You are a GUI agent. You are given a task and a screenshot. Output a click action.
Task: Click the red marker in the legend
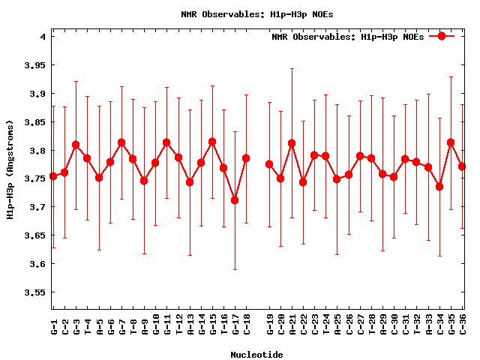pos(442,36)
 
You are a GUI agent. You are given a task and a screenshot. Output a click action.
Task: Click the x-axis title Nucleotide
pos(256,355)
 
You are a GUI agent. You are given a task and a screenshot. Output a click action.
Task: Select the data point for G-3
pos(76,145)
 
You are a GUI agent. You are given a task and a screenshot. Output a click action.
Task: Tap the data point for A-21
pos(292,143)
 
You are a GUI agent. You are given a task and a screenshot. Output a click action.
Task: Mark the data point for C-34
pos(439,187)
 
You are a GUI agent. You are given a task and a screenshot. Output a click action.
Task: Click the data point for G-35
pos(451,142)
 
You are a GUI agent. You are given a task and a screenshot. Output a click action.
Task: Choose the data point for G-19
pos(269,164)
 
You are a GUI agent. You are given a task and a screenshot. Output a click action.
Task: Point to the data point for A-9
pos(144,181)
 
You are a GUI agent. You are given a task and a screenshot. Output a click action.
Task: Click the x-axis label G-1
pos(53,325)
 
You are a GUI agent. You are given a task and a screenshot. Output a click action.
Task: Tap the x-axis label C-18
pos(246,325)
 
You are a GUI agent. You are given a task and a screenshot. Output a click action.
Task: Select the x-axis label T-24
pos(325,325)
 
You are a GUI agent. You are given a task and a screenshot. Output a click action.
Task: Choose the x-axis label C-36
pos(462,325)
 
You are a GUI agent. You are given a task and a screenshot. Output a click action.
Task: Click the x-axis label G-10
pos(155,325)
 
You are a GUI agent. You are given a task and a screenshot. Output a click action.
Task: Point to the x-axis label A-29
pos(382,325)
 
